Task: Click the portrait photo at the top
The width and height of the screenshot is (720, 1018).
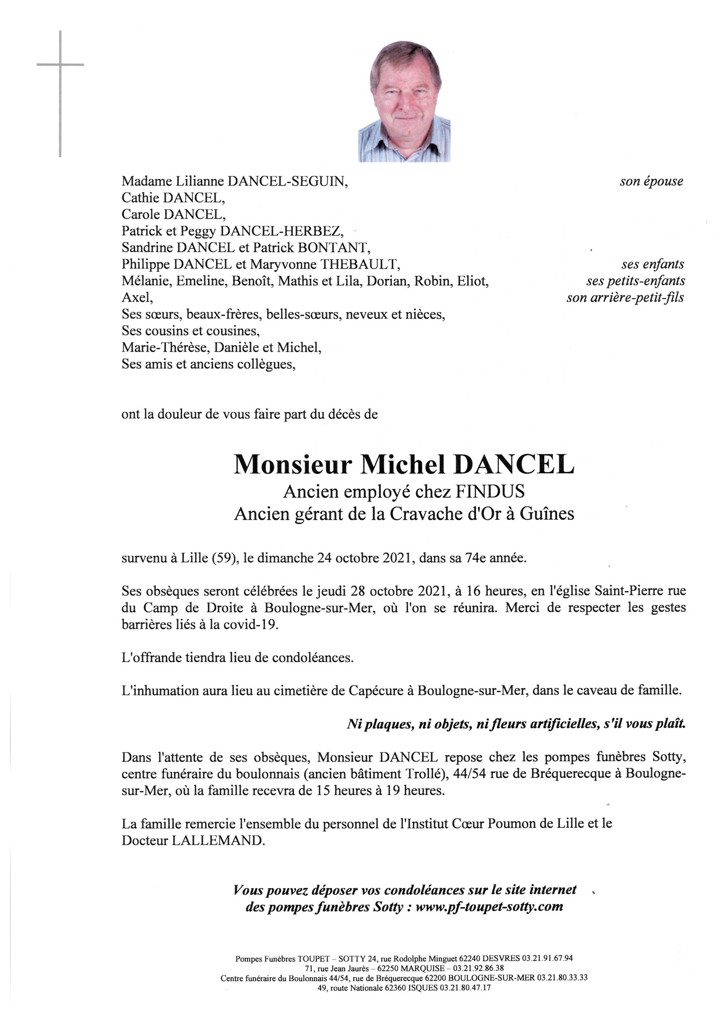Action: tap(404, 101)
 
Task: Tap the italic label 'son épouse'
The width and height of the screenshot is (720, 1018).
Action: tap(651, 181)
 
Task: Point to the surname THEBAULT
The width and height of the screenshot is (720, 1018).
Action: tap(359, 265)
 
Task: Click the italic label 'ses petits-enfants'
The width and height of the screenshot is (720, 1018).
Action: tap(635, 281)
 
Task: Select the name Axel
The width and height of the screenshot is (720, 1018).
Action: tap(137, 298)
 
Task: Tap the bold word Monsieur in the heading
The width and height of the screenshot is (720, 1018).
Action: tap(293, 465)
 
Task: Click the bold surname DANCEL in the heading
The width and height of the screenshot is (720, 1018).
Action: tap(514, 465)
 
